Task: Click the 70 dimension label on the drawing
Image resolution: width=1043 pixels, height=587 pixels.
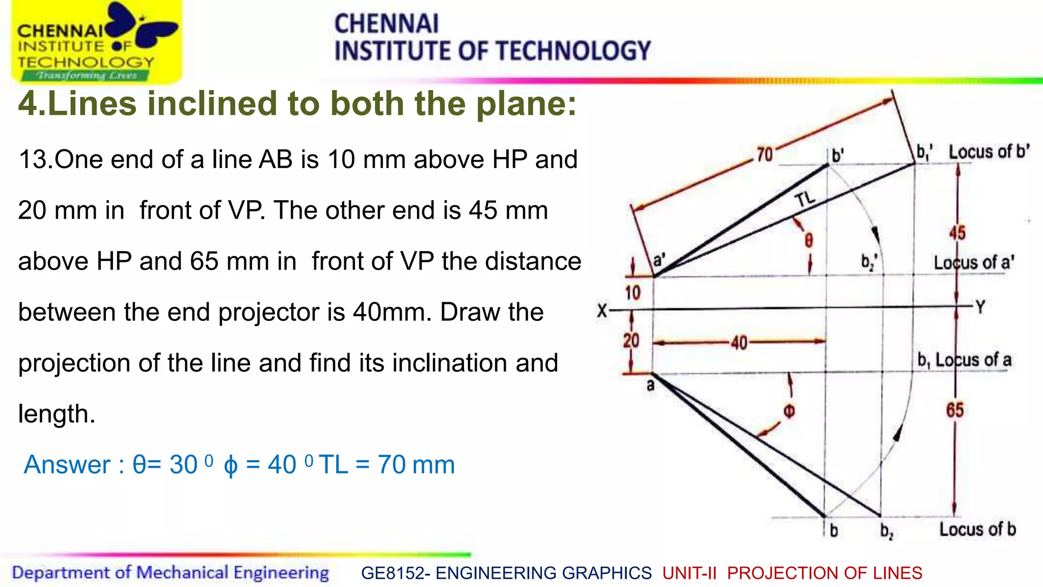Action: tap(764, 154)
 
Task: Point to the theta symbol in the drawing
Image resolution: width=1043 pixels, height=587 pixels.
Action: tap(809, 240)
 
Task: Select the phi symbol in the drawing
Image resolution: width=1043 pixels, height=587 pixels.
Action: tap(789, 411)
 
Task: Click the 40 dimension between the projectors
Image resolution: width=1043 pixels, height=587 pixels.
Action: tap(739, 343)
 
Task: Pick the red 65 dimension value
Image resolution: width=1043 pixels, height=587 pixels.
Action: tap(955, 410)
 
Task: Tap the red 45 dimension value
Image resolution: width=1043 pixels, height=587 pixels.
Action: tap(957, 233)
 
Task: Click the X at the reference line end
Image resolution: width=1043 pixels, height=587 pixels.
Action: tap(602, 310)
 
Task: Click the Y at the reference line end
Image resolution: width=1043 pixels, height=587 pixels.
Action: tap(980, 307)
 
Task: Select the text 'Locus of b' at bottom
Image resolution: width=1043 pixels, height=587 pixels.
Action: tap(977, 529)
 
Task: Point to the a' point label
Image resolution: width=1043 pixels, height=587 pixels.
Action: tap(659, 260)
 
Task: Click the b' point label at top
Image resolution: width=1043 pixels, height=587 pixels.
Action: tap(838, 155)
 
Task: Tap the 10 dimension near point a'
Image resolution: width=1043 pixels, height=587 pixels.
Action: tap(633, 293)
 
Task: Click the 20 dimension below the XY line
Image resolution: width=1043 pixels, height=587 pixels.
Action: tap(632, 340)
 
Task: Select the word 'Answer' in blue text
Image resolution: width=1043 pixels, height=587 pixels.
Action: tap(67, 465)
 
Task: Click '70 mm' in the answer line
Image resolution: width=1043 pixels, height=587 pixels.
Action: tap(416, 465)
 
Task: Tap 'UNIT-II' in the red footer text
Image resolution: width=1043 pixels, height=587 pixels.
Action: tap(689, 573)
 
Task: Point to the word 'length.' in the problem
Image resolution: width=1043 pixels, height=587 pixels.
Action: tap(57, 414)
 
